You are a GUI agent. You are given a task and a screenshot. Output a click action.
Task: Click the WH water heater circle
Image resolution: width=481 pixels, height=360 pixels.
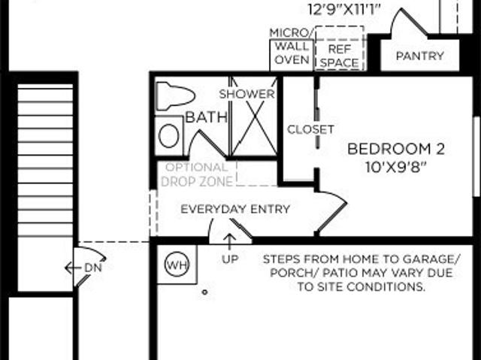click(177, 265)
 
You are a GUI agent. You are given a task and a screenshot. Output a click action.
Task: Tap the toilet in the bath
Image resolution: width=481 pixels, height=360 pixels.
click(175, 96)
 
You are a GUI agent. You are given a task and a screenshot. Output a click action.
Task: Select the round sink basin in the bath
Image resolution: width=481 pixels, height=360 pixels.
click(168, 136)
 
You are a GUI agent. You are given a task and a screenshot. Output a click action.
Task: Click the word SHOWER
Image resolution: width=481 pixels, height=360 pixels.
click(247, 94)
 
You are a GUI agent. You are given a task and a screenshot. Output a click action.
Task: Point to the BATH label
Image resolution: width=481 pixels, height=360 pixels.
click(207, 117)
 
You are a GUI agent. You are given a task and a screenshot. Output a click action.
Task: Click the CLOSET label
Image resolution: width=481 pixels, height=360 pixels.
click(310, 129)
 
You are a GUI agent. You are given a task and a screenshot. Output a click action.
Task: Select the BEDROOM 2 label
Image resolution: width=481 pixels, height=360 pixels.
click(396, 149)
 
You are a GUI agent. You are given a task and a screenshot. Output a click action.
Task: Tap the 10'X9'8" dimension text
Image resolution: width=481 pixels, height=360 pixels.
click(396, 167)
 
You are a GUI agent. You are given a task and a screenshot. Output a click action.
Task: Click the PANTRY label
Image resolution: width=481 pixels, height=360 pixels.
click(420, 56)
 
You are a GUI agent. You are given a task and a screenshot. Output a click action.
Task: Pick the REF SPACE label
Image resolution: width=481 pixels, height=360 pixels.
click(340, 56)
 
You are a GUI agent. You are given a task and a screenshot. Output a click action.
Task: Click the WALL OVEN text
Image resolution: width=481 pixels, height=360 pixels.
click(292, 53)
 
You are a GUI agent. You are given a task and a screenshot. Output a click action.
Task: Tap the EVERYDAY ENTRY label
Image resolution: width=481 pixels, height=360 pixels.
click(235, 209)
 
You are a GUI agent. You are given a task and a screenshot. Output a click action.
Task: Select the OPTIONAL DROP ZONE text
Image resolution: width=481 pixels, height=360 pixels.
click(197, 174)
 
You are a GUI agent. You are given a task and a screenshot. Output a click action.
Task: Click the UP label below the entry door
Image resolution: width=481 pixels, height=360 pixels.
click(230, 259)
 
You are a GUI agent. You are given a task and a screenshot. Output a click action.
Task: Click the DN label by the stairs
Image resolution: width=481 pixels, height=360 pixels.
click(93, 268)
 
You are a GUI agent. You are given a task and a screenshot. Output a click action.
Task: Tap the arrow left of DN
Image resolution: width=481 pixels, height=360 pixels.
click(73, 268)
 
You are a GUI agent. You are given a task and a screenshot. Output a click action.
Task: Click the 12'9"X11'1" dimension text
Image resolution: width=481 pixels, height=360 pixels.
click(344, 9)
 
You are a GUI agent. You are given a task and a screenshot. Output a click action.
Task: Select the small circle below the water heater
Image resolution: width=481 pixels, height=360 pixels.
click(204, 292)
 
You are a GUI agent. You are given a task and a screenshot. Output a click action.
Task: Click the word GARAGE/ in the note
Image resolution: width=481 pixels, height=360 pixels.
click(431, 259)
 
